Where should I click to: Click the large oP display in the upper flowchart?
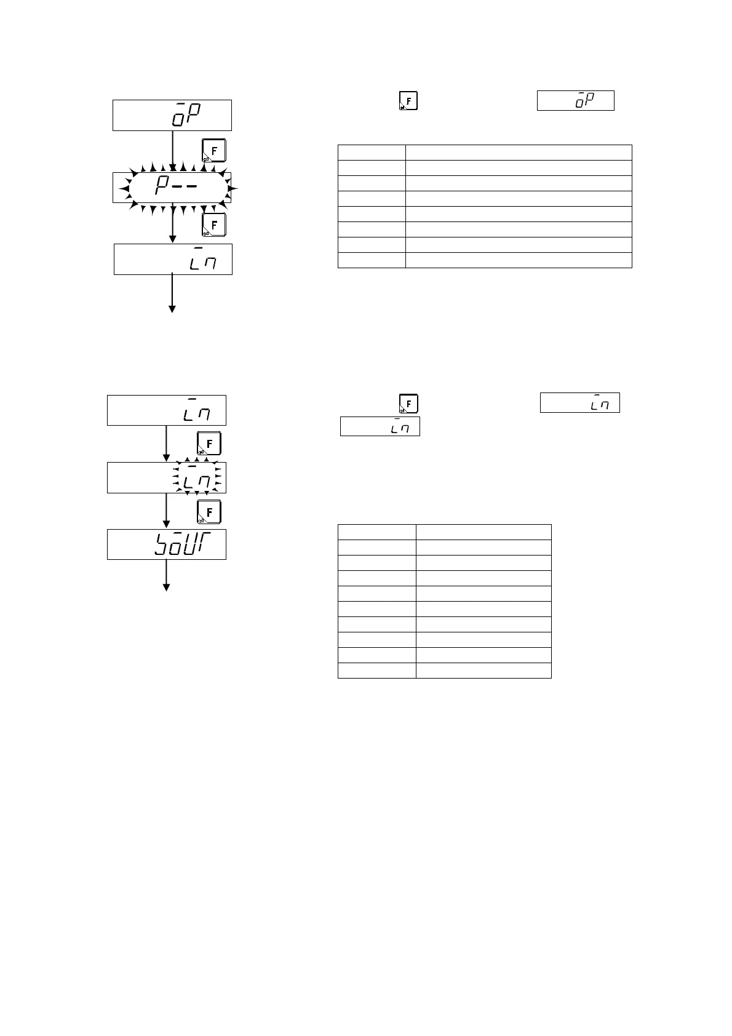pyautogui.click(x=172, y=115)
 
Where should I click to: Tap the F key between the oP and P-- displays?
pyautogui.click(x=214, y=151)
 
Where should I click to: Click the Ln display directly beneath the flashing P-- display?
pyautogui.click(x=173, y=259)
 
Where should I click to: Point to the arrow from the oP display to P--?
pyautogui.click(x=173, y=151)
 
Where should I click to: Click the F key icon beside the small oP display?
pyautogui.click(x=408, y=100)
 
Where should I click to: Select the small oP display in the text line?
pyautogui.click(x=576, y=100)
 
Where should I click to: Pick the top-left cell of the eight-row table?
pyautogui.click(x=372, y=153)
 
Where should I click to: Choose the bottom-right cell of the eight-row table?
pyautogui.click(x=518, y=260)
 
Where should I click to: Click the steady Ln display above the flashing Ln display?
pyautogui.click(x=167, y=410)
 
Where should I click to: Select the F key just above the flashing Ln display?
pyautogui.click(x=209, y=444)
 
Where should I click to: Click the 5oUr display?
pyautogui.click(x=167, y=544)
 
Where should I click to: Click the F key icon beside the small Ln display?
pyautogui.click(x=408, y=404)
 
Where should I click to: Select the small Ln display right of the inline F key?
pyautogui.click(x=579, y=403)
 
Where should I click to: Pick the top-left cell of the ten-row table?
pyautogui.click(x=376, y=532)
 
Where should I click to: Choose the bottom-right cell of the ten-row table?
pyautogui.click(x=483, y=671)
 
